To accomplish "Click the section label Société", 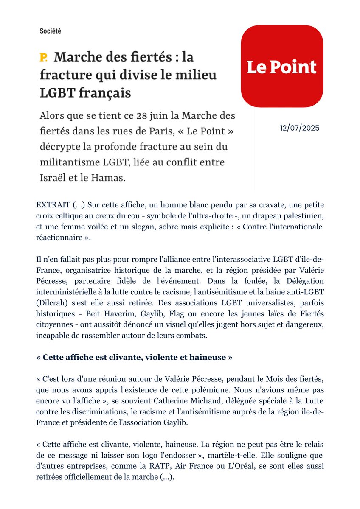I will point(50,31).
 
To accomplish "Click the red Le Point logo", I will point(282,67).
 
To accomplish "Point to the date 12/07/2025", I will point(300,128).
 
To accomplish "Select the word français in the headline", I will point(104,93).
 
